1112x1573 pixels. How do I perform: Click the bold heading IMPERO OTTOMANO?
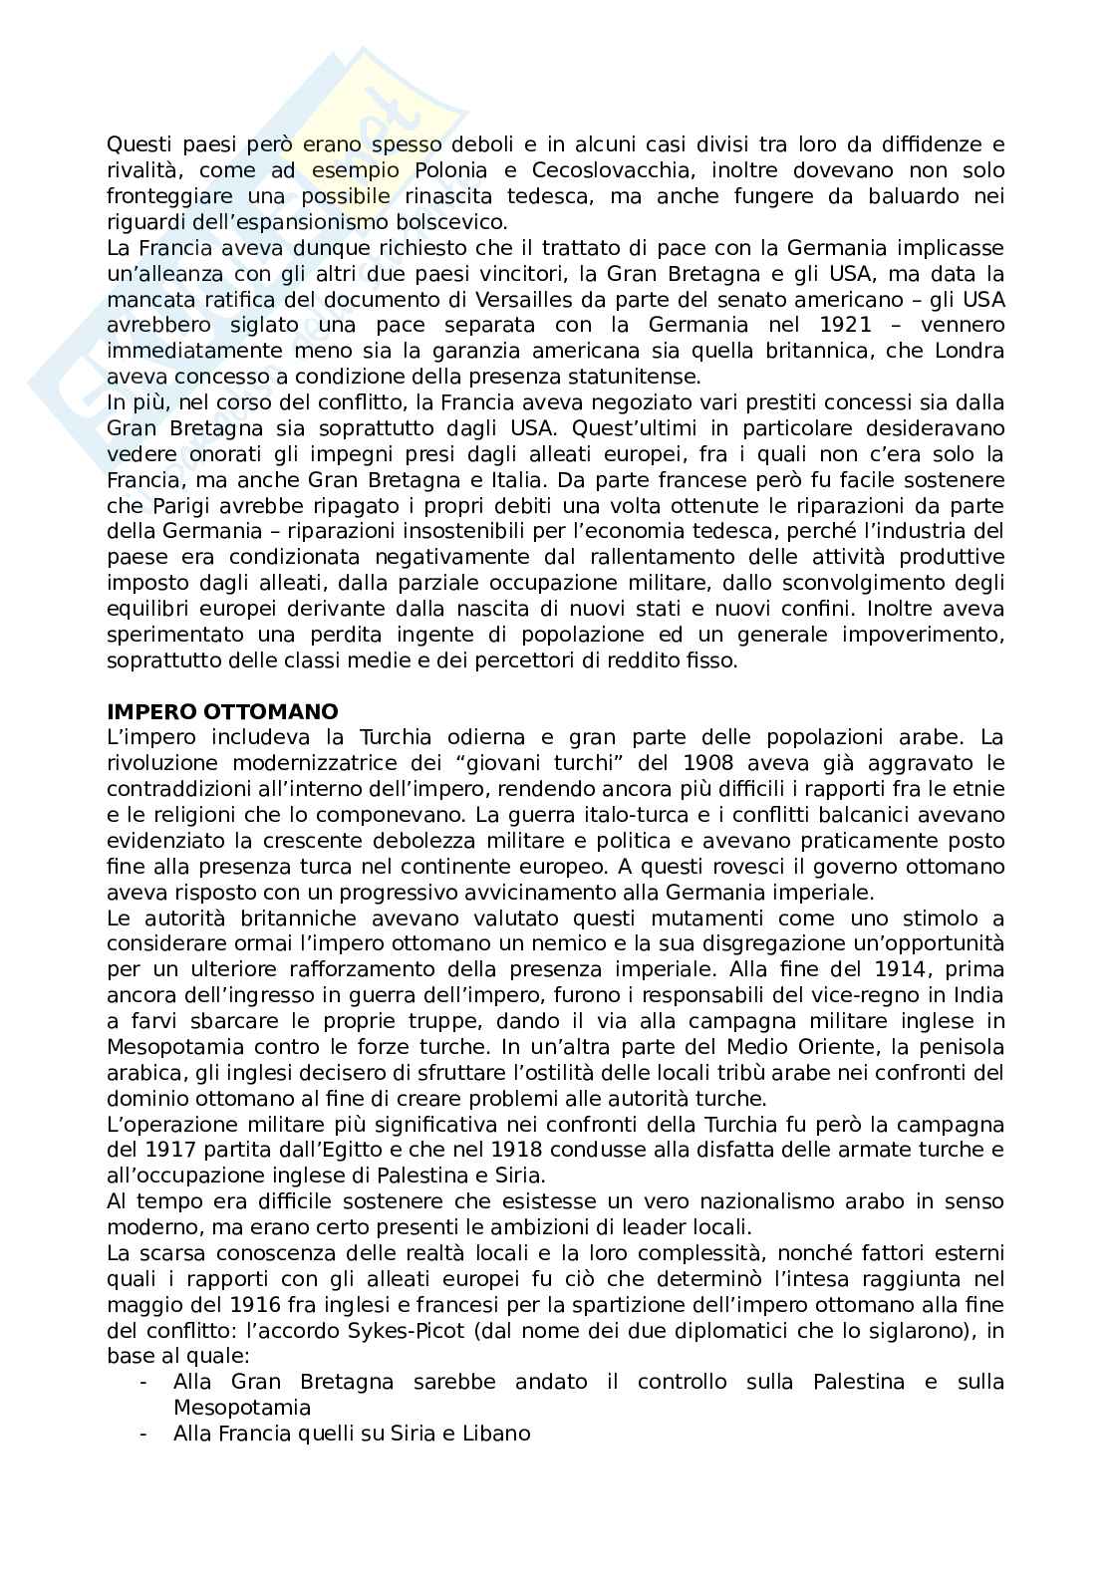(x=222, y=711)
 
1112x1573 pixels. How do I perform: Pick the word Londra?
(x=968, y=351)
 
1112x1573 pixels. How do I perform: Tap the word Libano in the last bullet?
(x=496, y=1435)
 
